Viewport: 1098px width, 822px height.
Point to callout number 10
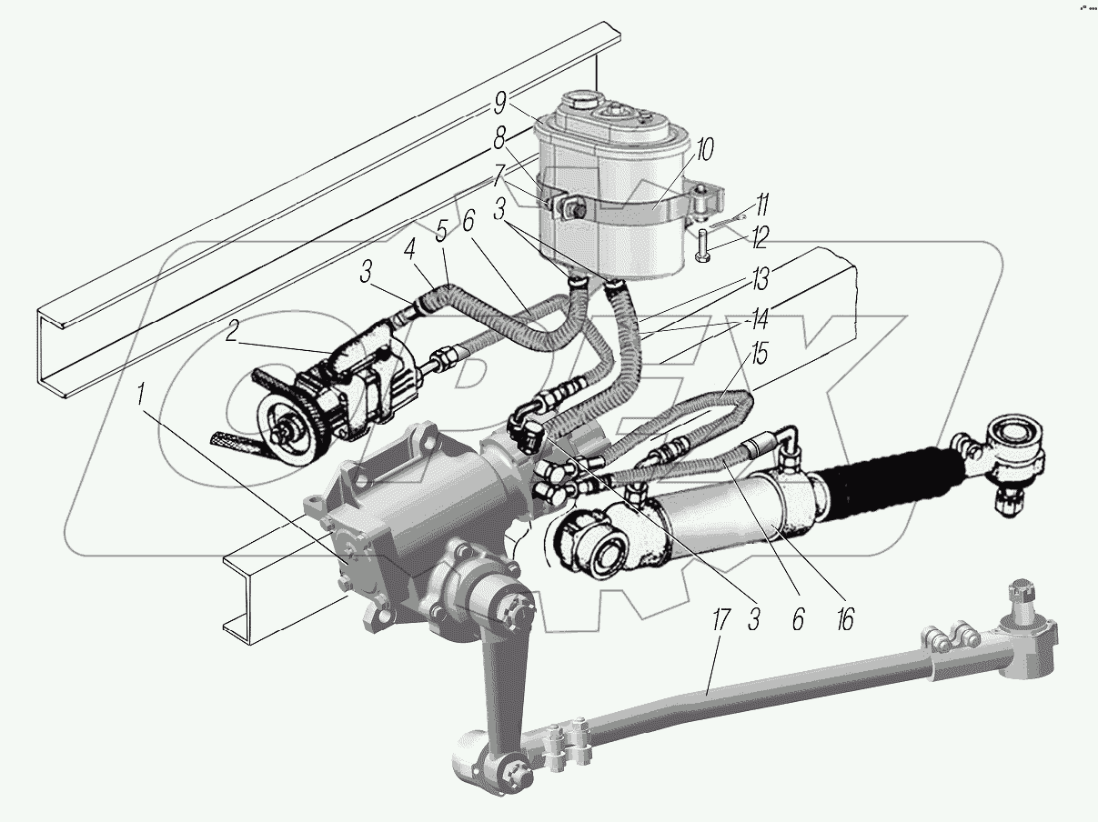[705, 150]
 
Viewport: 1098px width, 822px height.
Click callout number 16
[845, 621]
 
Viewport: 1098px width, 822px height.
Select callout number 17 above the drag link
[720, 624]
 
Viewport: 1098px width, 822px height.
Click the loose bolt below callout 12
[703, 246]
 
